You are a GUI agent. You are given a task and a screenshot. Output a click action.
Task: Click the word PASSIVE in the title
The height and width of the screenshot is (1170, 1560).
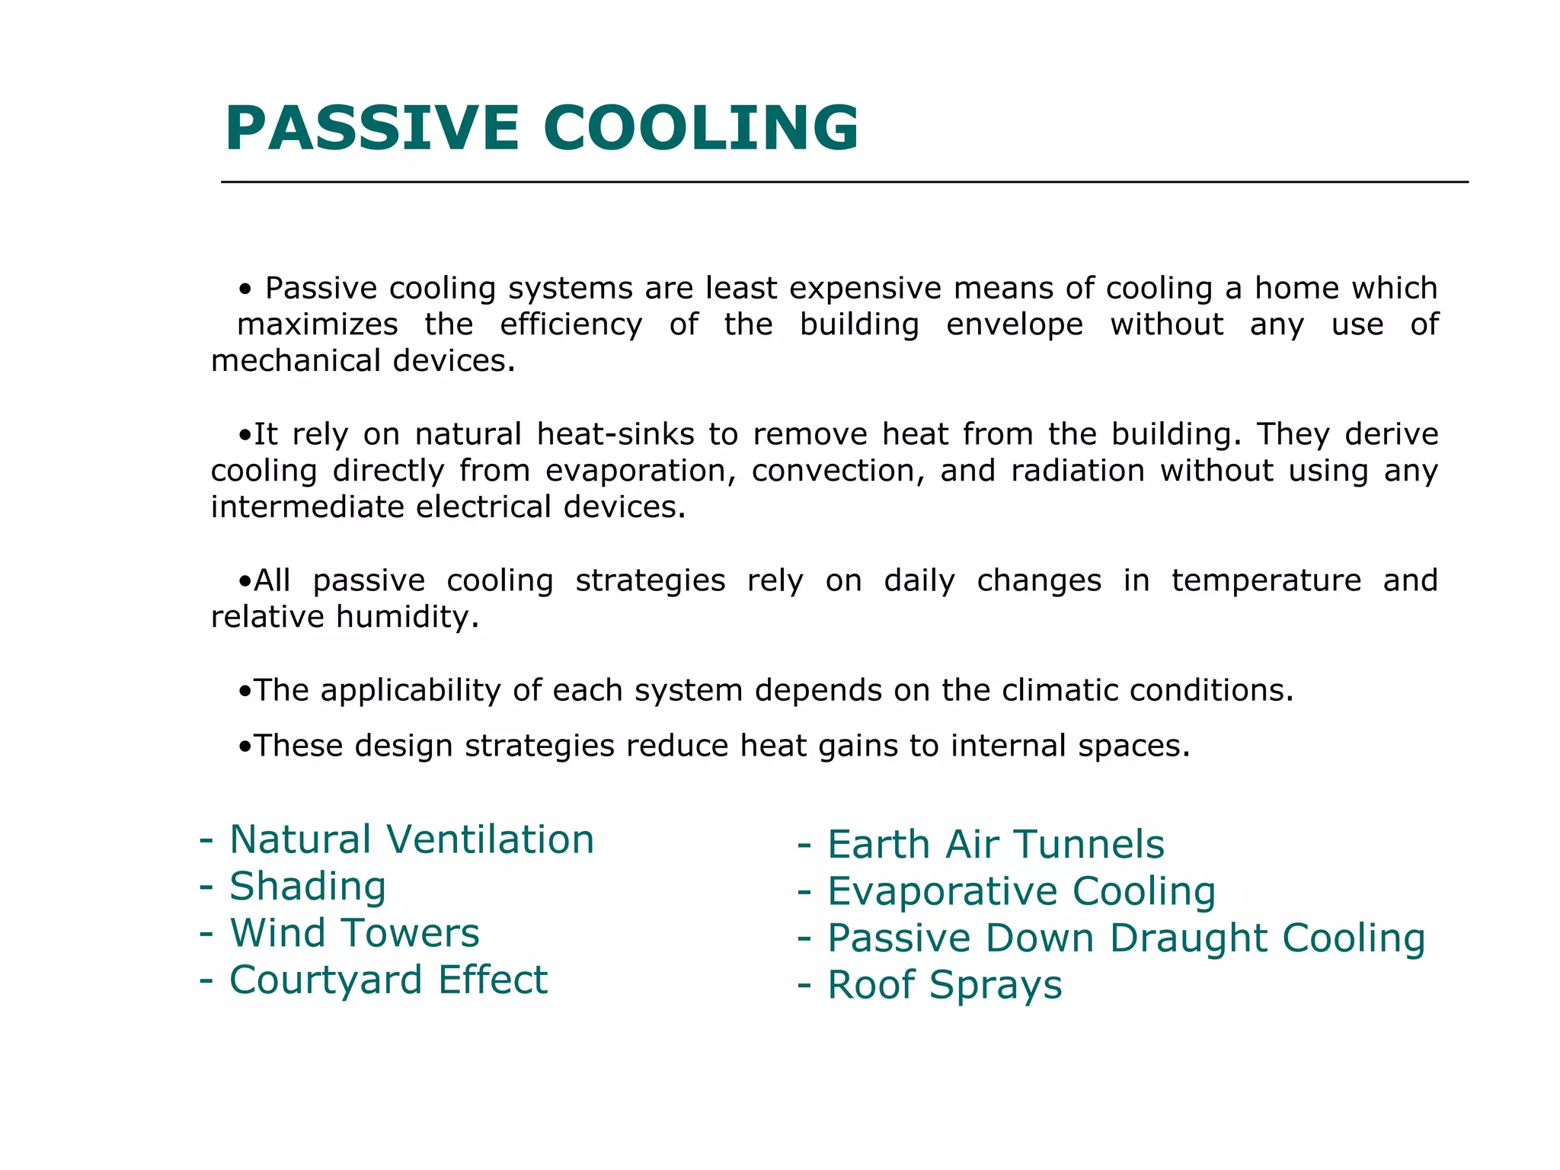[372, 128]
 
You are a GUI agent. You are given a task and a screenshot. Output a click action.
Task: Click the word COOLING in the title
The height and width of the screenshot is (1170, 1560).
[701, 128]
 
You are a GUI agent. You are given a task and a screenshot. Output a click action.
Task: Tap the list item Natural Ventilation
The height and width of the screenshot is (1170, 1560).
[411, 839]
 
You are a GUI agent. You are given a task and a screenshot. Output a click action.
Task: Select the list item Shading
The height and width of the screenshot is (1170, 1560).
[308, 887]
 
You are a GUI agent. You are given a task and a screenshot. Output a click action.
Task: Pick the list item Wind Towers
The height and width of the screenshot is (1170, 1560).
[355, 933]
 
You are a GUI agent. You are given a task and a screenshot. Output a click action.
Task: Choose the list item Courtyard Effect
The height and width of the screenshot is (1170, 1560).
[388, 980]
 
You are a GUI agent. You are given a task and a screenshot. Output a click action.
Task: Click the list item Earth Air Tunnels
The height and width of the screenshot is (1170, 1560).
[996, 845]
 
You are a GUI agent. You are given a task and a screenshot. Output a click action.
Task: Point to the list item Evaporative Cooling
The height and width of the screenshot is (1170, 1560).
[1021, 891]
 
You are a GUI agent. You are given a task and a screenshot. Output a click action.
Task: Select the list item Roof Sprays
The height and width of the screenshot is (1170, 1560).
[944, 985]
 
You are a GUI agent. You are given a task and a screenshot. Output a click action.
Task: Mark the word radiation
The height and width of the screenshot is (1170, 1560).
[1078, 471]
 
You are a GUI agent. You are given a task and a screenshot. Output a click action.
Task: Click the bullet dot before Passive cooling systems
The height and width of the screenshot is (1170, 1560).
[245, 289]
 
